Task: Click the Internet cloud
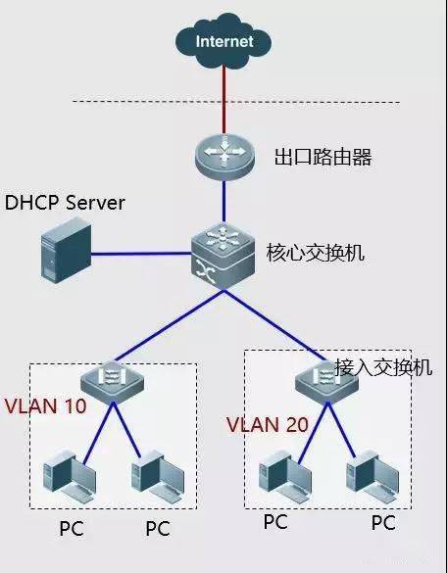coord(223,42)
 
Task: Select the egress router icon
coord(224,153)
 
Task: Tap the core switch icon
coord(223,250)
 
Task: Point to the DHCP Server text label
coord(65,204)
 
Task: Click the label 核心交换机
coord(316,253)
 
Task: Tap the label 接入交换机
coord(383,367)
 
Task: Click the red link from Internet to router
coord(223,98)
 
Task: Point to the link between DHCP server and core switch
coord(137,256)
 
